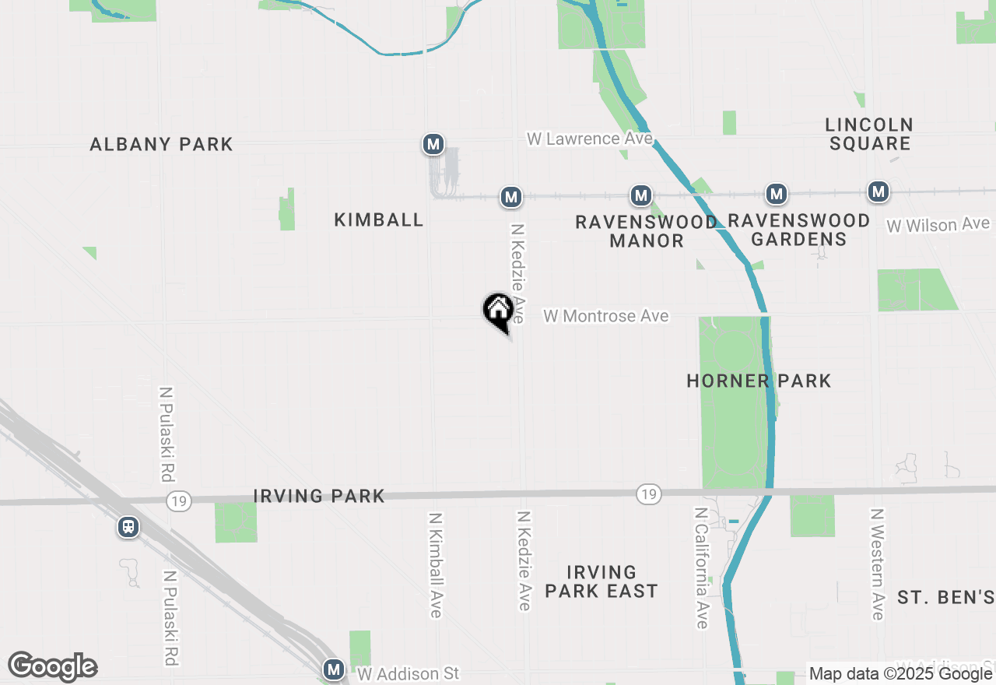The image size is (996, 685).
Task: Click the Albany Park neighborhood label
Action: [x=161, y=144]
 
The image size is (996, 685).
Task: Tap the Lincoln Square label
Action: [x=869, y=134]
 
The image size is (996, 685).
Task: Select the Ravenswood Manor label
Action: [x=647, y=231]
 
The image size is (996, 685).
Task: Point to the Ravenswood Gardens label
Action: [x=799, y=230]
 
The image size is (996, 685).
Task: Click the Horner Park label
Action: [x=759, y=381]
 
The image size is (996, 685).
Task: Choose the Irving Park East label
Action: [x=601, y=582]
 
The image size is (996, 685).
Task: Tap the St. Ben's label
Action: [x=945, y=598]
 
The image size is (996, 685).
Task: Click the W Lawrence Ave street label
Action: [x=589, y=139]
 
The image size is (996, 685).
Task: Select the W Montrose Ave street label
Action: [x=606, y=316]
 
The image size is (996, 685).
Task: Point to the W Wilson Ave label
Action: [x=938, y=225]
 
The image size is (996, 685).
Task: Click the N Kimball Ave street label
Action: [x=436, y=564]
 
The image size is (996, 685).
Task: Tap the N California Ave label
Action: [x=702, y=567]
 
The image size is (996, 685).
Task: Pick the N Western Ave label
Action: [x=878, y=564]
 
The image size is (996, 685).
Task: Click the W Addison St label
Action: [x=409, y=673]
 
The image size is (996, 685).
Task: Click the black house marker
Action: [x=498, y=310]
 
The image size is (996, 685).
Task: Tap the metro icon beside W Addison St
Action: [x=334, y=669]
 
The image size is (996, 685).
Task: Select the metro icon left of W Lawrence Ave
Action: [x=433, y=144]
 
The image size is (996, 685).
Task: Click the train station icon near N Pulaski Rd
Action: [x=128, y=527]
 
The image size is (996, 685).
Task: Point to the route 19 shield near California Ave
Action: [x=648, y=494]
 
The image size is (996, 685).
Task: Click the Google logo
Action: [x=52, y=666]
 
